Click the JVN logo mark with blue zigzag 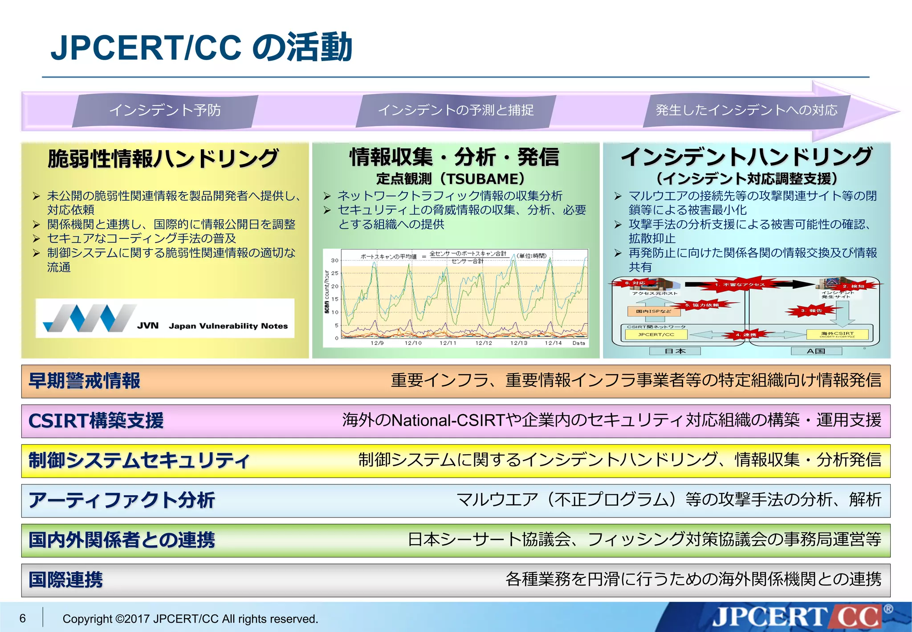pyautogui.click(x=89, y=318)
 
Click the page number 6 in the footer pyautogui.click(x=23, y=618)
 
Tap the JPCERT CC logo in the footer pyautogui.click(x=797, y=617)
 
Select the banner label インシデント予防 pyautogui.click(x=165, y=110)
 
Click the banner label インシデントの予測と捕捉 pyautogui.click(x=456, y=110)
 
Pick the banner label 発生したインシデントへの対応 pyautogui.click(x=746, y=110)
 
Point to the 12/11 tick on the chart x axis pyautogui.click(x=448, y=343)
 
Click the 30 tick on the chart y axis pyautogui.click(x=334, y=260)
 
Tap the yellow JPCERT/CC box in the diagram pyautogui.click(x=656, y=334)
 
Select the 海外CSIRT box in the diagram pyautogui.click(x=837, y=334)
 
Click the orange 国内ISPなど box pyautogui.click(x=653, y=311)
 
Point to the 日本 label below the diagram pyautogui.click(x=675, y=351)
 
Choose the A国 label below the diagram pyautogui.click(x=816, y=351)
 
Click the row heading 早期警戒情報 pyautogui.click(x=85, y=381)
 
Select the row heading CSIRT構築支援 pyautogui.click(x=96, y=421)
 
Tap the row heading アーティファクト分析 pyautogui.click(x=122, y=500)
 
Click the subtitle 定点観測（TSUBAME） pyautogui.click(x=451, y=179)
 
